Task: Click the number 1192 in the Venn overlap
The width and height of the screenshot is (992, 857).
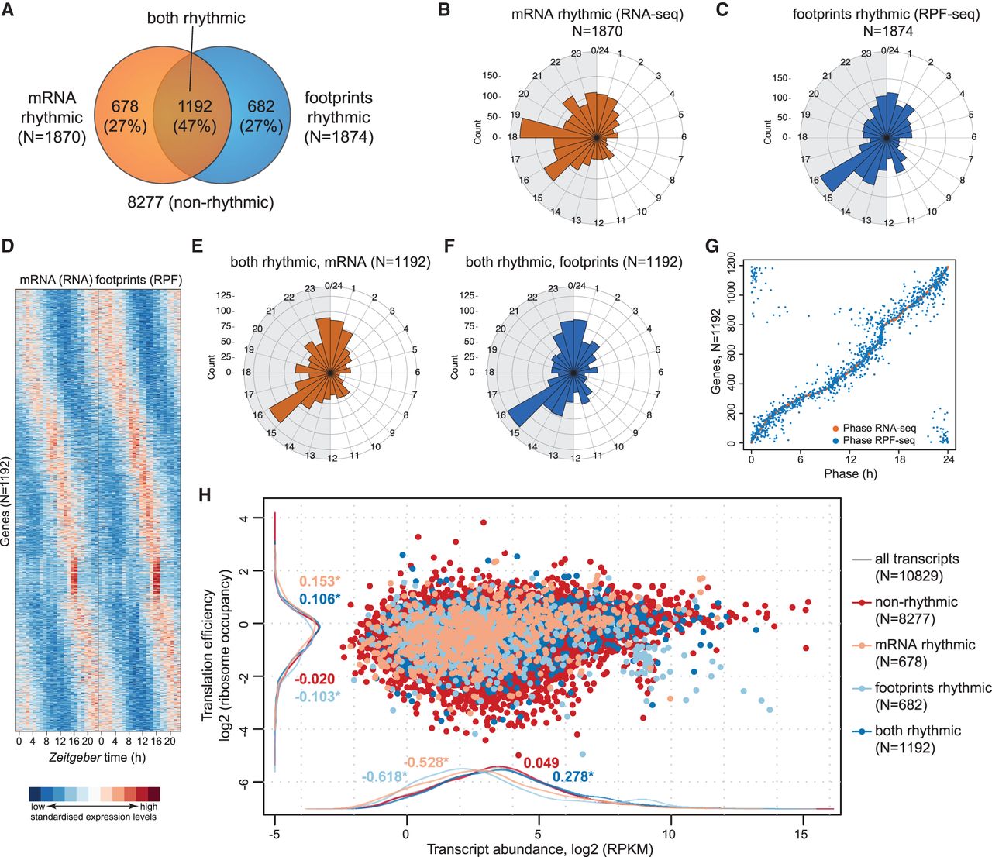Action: [194, 106]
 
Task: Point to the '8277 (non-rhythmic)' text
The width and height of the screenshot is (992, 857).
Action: [201, 203]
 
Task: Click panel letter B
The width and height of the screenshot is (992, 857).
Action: [444, 12]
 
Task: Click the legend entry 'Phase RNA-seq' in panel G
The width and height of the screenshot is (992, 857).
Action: [872, 428]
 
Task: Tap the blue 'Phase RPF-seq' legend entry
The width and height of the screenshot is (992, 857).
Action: [872, 440]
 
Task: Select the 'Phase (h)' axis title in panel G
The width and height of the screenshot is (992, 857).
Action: [850, 473]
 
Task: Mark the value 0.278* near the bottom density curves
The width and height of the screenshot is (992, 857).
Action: [572, 776]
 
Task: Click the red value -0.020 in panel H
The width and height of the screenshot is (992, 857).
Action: [315, 680]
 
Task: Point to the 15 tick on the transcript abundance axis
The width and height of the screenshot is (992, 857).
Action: [801, 835]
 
